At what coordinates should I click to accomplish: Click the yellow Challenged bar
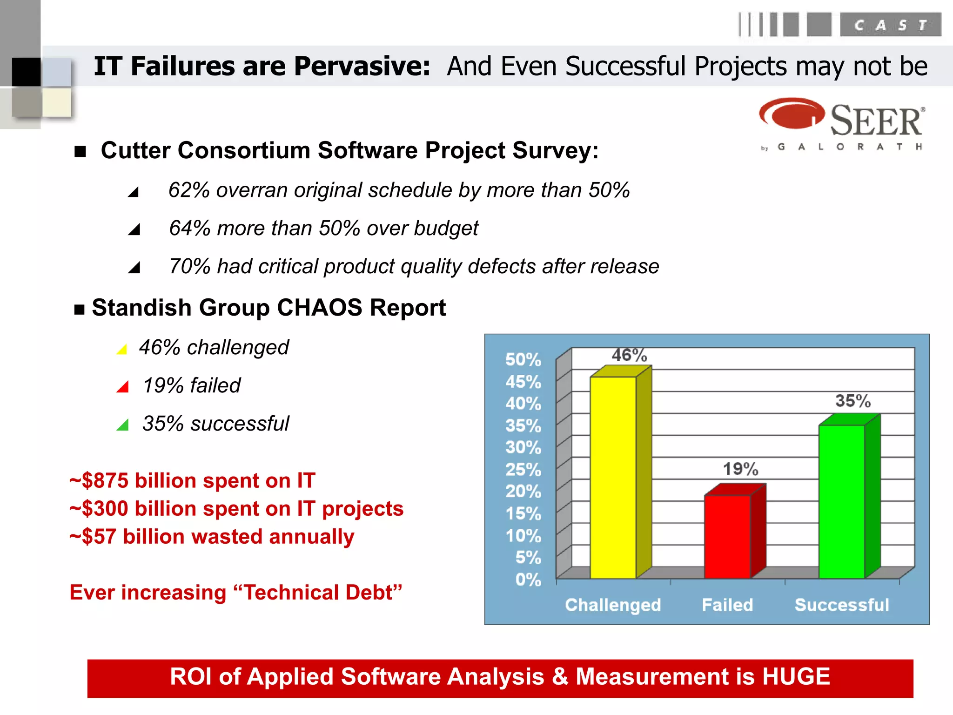[613, 477]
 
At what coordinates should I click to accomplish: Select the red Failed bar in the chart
[727, 536]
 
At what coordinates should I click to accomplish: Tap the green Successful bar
[841, 501]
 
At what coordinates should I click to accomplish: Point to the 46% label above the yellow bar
[629, 356]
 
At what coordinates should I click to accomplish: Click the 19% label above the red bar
[740, 469]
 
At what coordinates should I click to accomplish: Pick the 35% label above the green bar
[852, 401]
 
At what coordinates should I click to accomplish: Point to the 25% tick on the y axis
[523, 469]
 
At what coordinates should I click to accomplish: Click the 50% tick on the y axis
[523, 359]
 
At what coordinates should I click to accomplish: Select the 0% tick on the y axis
[528, 580]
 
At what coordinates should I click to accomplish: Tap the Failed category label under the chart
[727, 605]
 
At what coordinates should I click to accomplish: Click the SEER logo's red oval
[791, 114]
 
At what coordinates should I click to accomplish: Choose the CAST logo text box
[890, 25]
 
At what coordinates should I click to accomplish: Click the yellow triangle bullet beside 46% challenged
[122, 349]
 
